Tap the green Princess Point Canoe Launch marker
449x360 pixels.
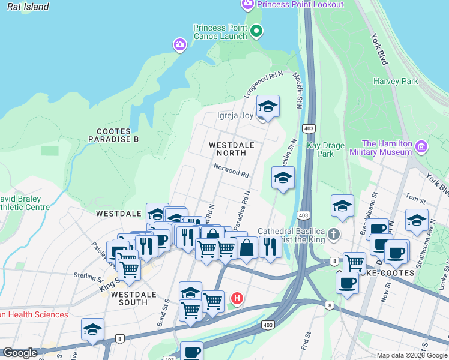click(x=256, y=31)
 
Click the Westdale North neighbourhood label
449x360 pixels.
click(x=232, y=149)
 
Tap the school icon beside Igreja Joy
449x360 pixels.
click(x=268, y=107)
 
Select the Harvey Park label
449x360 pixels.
click(x=396, y=81)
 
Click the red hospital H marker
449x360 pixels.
click(x=238, y=298)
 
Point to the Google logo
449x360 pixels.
click(x=20, y=353)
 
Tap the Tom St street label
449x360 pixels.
click(x=415, y=197)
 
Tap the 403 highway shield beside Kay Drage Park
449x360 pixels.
click(x=309, y=129)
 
